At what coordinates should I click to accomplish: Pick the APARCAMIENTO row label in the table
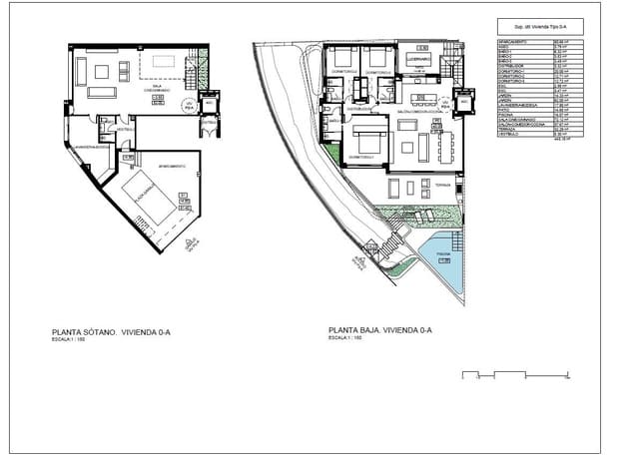click(514, 42)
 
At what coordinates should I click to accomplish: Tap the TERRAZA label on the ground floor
click(443, 184)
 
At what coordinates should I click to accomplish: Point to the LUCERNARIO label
click(418, 59)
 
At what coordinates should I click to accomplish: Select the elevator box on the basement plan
click(211, 104)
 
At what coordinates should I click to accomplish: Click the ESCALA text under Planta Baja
click(344, 339)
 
